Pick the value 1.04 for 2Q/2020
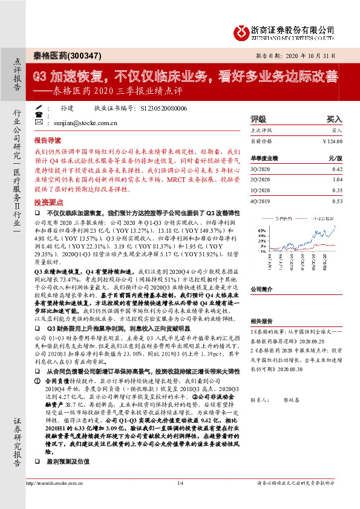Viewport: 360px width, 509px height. click(336, 180)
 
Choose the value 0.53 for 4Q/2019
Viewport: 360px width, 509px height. click(336, 201)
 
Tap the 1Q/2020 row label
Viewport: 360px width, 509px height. click(258, 190)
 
